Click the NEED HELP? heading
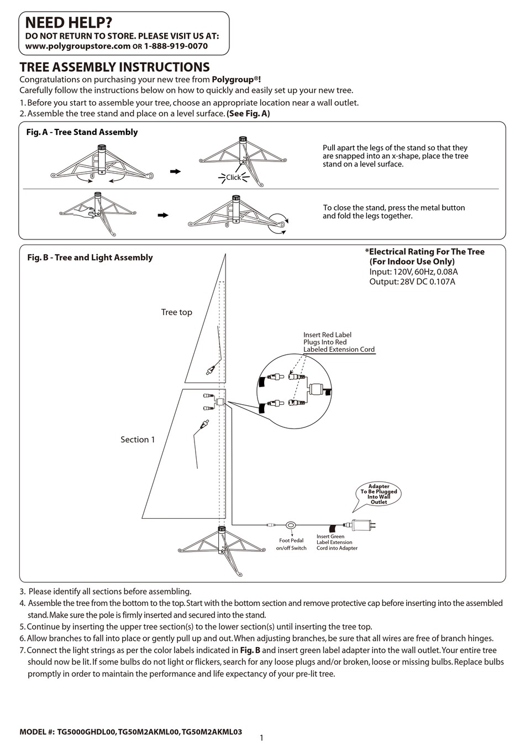point(69,23)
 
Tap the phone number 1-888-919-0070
point(176,46)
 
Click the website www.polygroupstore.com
point(78,46)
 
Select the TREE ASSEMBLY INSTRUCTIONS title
point(114,67)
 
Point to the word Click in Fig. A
point(233,177)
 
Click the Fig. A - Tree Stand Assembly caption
point(82,132)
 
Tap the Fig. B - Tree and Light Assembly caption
point(90,258)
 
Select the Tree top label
point(176,312)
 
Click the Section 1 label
point(138,440)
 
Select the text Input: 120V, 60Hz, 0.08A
point(413,271)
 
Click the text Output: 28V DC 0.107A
point(412,281)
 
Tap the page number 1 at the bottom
point(261,738)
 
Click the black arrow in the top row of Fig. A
point(175,172)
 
